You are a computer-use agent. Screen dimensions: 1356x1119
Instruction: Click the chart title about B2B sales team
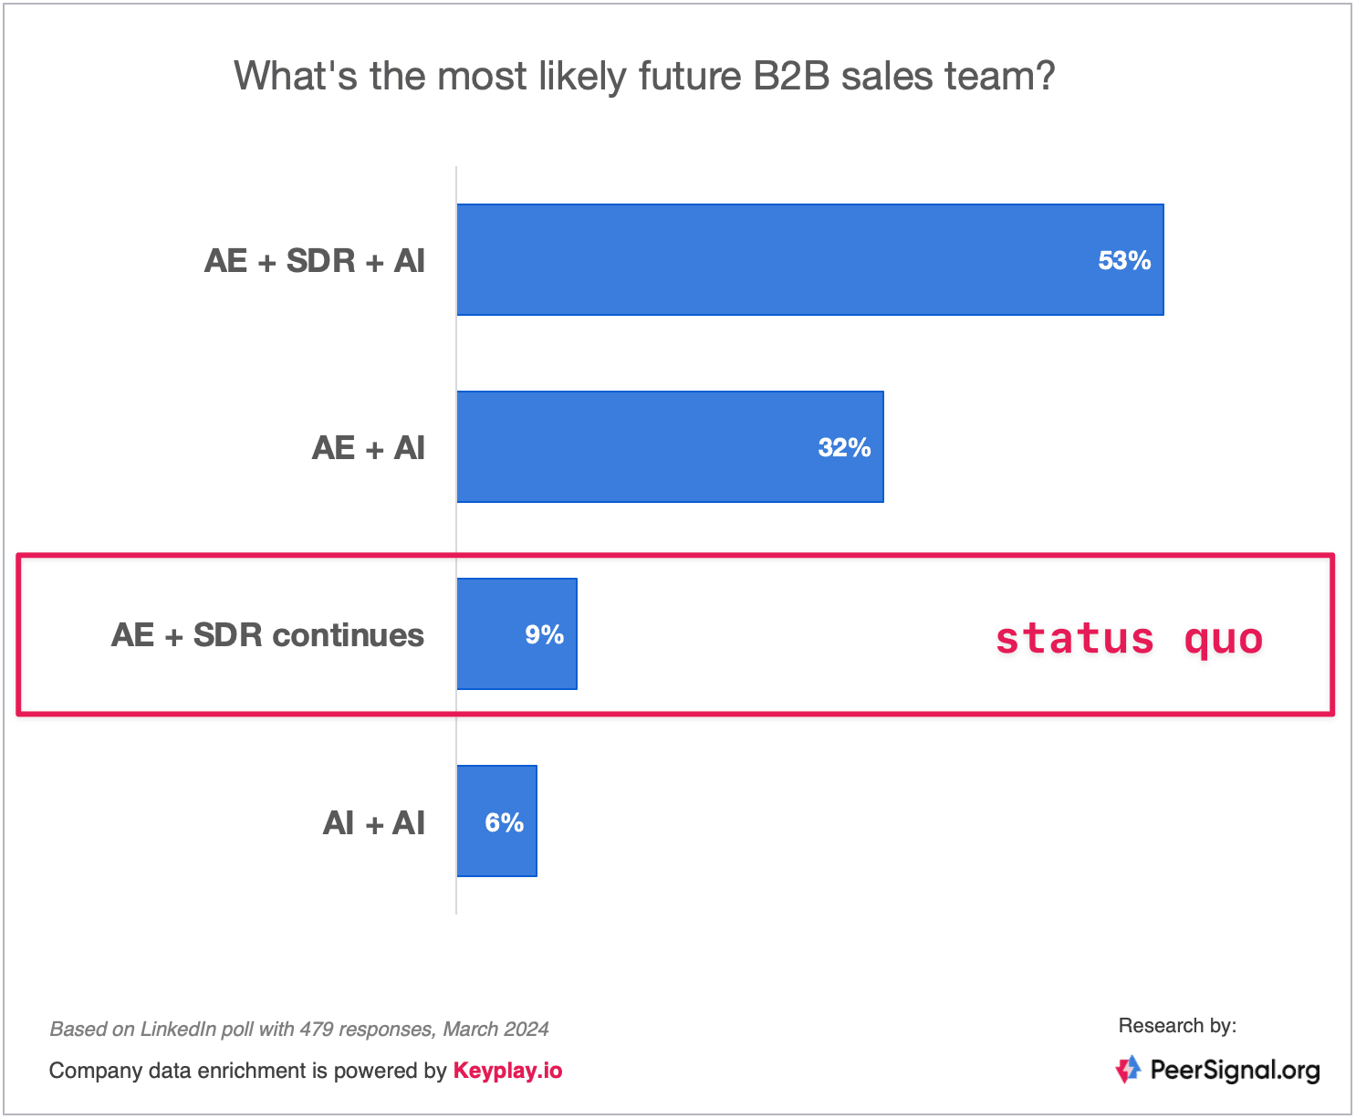pos(644,77)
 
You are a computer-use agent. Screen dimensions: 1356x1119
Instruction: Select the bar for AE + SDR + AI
pos(809,260)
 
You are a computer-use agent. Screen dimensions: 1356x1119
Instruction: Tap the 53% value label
pos(1124,260)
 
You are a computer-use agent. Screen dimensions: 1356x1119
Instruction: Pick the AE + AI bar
pos(670,447)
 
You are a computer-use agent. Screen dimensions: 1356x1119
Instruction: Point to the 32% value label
pos(844,447)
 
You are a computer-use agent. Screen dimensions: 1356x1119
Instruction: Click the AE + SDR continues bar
pos(517,633)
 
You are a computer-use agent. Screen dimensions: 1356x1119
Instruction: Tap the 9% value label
pos(544,634)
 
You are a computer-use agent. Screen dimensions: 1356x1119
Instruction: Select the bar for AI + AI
pos(496,821)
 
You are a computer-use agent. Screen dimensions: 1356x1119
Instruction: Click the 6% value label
pos(504,823)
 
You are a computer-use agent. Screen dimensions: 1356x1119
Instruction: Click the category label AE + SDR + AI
pos(314,261)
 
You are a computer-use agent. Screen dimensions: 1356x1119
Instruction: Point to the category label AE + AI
pos(369,448)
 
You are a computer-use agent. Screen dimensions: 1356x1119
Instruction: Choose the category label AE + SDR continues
pos(267,635)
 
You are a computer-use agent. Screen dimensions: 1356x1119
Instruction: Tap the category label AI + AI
pos(374,823)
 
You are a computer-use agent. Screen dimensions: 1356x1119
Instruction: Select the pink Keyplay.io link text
pos(508,1071)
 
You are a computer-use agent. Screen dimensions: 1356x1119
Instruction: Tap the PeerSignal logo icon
pos(1128,1069)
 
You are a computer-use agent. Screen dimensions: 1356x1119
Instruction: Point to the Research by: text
pos(1177,1026)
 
